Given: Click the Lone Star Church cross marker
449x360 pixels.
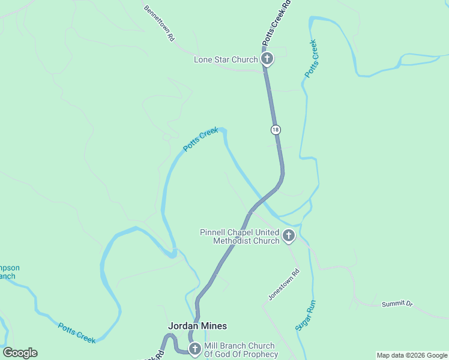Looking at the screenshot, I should [267, 59].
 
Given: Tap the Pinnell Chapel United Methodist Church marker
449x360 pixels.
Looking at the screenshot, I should [289, 236].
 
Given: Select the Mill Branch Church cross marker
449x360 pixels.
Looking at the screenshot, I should [194, 349].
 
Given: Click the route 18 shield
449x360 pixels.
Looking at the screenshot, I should [275, 130].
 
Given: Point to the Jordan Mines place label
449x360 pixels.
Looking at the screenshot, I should [197, 326].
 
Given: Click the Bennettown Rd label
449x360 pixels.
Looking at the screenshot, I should [159, 23].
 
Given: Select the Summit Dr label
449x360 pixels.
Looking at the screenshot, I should [397, 304].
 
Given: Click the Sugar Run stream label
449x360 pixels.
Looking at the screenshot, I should [305, 315].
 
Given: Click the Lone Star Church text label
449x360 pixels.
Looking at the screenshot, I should [226, 59].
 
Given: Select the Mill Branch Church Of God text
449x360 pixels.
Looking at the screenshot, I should [240, 350].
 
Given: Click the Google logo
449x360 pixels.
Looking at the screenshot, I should [20, 353].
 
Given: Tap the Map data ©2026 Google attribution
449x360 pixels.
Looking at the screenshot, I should [412, 355].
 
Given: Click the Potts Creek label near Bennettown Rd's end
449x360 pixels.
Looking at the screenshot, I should [200, 139].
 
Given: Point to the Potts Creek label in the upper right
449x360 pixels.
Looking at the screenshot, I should [311, 58].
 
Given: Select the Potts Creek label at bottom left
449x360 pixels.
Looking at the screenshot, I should [77, 333].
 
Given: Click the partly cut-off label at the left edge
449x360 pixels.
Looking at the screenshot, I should [8, 272].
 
